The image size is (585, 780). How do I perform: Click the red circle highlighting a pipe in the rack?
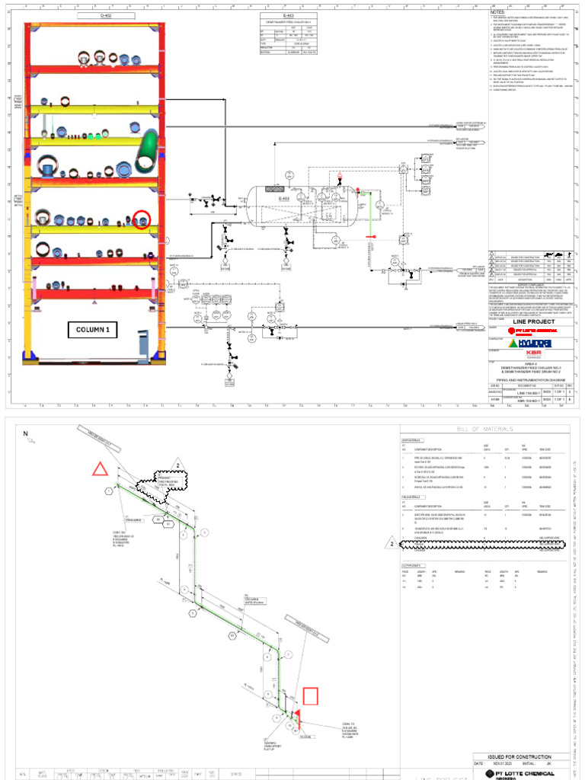(142, 220)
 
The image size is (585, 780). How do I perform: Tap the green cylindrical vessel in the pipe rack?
(147, 150)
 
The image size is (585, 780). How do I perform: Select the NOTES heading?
(497, 13)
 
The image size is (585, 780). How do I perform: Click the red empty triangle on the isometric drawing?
(101, 468)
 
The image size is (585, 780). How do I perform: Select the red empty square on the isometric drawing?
(311, 696)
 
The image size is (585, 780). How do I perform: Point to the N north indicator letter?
(25, 434)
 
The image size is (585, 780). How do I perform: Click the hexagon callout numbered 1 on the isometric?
(110, 491)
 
